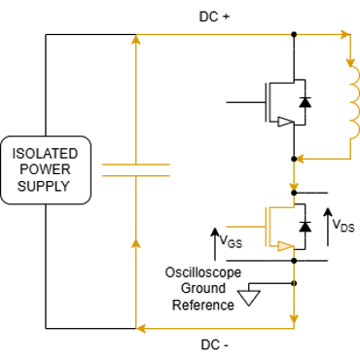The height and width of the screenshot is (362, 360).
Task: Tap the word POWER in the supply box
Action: pos(46,169)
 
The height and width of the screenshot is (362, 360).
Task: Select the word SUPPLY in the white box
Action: pos(46,185)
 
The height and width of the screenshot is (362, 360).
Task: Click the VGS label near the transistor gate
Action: pos(230,241)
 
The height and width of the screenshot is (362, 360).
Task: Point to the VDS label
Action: pos(343,226)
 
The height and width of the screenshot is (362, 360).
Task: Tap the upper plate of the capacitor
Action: pos(135,164)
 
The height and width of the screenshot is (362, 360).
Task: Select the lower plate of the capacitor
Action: pos(135,176)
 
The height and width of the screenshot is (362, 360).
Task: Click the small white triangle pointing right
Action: pos(285,122)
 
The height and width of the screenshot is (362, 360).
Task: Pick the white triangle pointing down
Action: pos(250,298)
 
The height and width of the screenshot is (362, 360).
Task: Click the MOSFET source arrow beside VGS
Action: pos(283,246)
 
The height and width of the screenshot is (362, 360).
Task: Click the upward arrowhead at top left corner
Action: pos(135,41)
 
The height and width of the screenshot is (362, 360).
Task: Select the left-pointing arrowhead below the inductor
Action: pos(300,157)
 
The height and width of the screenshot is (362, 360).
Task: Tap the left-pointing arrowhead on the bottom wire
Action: pos(142,328)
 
